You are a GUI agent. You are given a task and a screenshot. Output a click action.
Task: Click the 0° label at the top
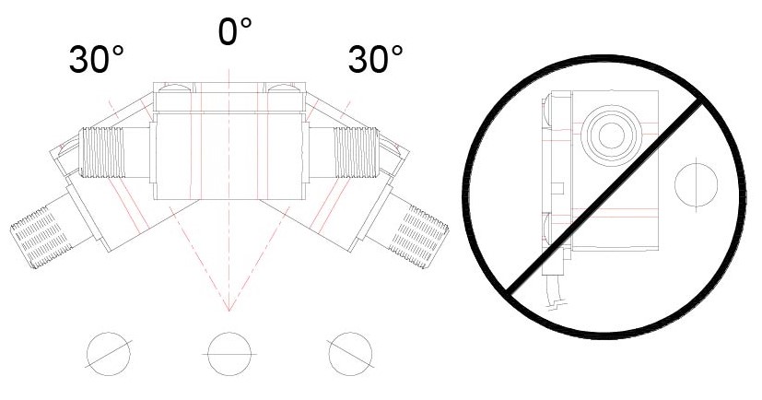[235, 31]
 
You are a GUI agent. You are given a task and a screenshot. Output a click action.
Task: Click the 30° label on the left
[96, 59]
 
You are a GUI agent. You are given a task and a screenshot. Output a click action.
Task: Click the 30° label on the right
[375, 59]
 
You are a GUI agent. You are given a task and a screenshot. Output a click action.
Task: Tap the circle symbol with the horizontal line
[229, 354]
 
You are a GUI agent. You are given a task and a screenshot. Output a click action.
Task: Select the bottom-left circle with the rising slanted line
[109, 354]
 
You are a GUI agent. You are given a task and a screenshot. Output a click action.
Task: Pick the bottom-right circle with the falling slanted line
[350, 354]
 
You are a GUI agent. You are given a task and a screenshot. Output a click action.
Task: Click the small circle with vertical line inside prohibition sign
[696, 184]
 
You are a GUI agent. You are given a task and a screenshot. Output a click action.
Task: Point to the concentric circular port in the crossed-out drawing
[611, 135]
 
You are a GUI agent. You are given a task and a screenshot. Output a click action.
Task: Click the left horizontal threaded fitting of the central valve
[102, 152]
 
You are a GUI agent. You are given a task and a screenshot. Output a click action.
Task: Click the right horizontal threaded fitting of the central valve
[356, 152]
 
